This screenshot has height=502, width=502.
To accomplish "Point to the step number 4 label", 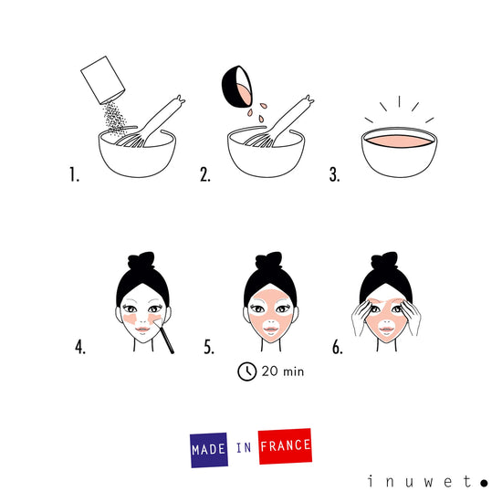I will [x=80, y=348].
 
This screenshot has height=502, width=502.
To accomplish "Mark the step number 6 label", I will [x=337, y=348].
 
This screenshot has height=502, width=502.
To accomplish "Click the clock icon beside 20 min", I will [x=246, y=371].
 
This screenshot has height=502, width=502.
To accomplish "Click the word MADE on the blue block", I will [x=209, y=448].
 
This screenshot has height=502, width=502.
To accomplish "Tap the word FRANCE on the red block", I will [x=285, y=446].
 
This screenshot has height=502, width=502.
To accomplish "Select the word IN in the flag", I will [x=243, y=447].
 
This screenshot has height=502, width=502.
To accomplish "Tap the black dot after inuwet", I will [x=483, y=481].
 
